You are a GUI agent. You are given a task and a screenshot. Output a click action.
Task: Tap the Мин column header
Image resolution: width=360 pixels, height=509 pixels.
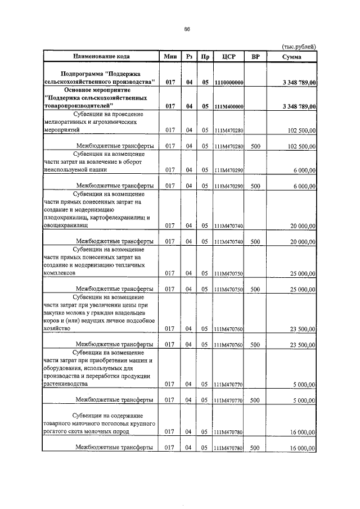pyautogui.click(x=170, y=57)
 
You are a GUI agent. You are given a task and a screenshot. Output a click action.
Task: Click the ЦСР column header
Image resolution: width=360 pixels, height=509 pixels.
pyautogui.click(x=228, y=57)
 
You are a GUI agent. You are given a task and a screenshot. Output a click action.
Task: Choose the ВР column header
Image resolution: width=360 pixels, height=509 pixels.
pyautogui.click(x=255, y=57)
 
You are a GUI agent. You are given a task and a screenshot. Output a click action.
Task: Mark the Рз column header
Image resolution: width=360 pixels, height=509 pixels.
pyautogui.click(x=190, y=57)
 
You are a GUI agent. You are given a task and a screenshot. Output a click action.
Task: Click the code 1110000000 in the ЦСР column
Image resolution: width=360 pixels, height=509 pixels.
pyautogui.click(x=228, y=83)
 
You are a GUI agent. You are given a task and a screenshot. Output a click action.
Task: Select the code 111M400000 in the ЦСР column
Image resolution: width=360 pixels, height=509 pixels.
pyautogui.click(x=228, y=106)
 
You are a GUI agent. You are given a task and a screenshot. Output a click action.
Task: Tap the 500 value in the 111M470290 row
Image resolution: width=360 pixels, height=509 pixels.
pyautogui.click(x=255, y=186)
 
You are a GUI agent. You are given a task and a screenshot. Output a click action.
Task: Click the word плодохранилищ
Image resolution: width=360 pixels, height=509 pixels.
pyautogui.click(x=62, y=217)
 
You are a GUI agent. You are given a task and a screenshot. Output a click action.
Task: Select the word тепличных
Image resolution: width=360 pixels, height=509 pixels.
pyautogui.click(x=130, y=265)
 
